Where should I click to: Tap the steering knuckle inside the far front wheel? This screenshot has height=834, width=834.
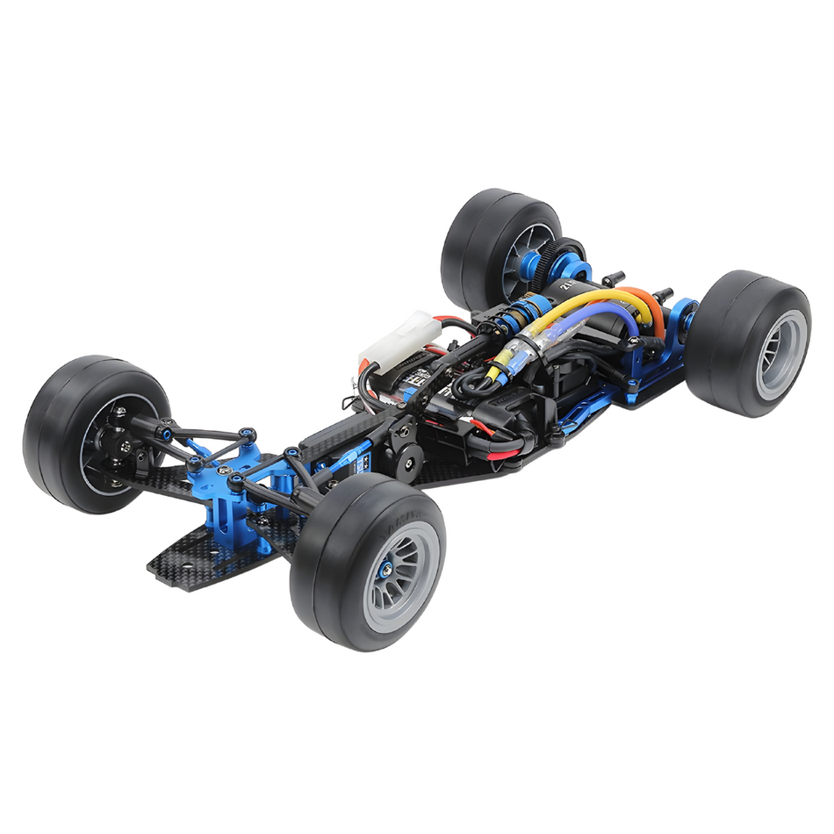tap(123, 439)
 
